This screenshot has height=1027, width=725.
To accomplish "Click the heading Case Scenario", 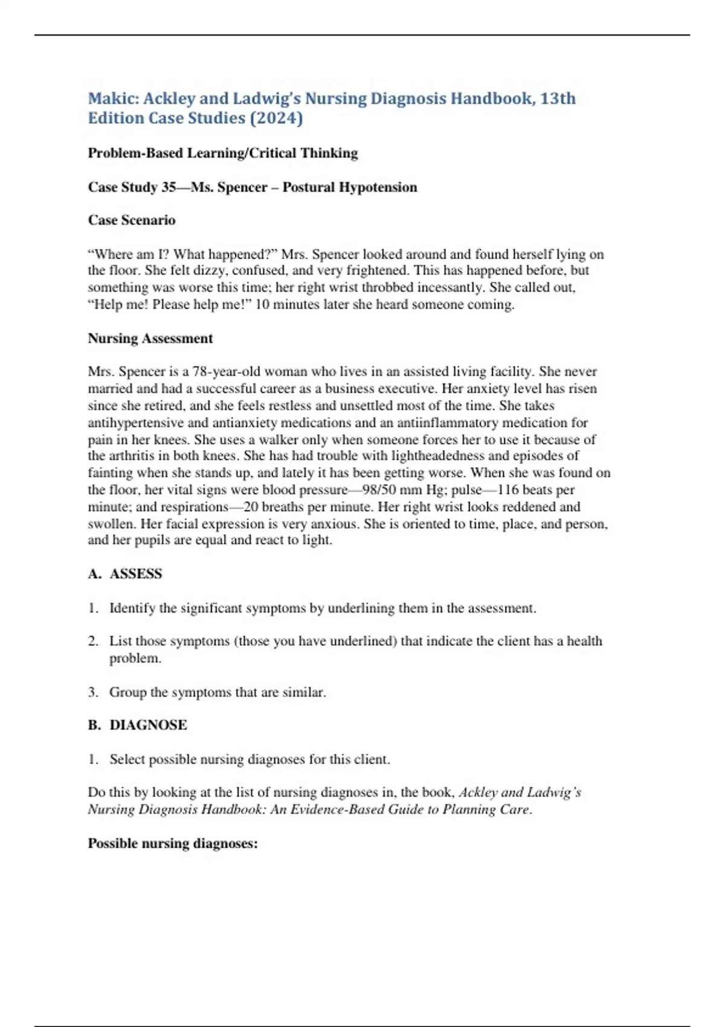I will coord(132,220).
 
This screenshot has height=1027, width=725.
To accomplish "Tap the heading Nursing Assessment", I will coord(150,338).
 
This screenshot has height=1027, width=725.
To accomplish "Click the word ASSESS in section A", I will coord(136,574).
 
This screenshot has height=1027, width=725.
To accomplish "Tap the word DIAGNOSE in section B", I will coord(148,725).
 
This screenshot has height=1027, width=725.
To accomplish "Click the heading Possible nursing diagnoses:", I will coord(173,843).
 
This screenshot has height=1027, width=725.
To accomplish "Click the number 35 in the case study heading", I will coord(168,187).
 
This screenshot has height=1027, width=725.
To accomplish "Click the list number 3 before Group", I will coord(92,692).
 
